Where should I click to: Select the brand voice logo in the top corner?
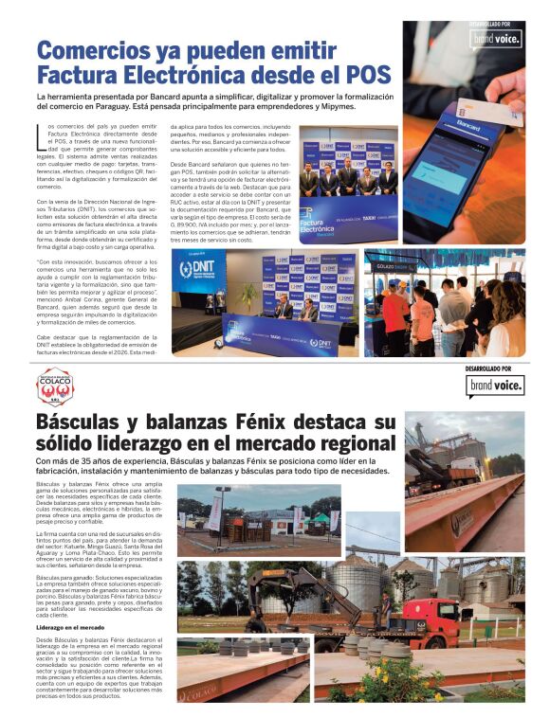[496, 39]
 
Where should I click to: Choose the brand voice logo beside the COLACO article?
[494, 385]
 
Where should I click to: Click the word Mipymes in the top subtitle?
[337, 106]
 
